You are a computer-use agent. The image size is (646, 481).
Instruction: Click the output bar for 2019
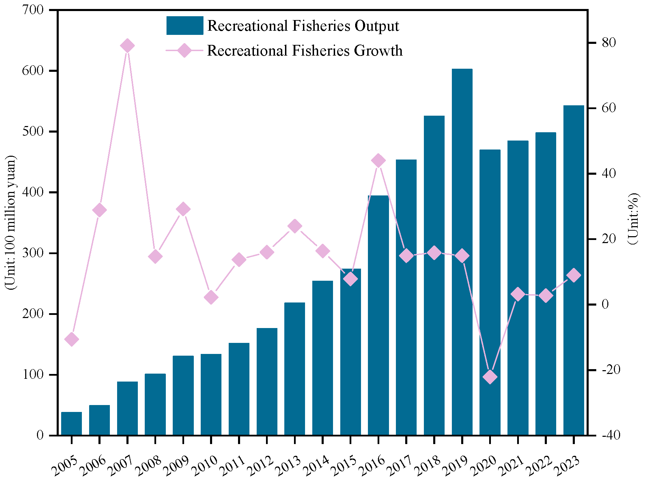462,252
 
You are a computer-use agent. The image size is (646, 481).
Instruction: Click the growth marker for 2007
127,46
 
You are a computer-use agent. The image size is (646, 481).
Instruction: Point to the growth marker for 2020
490,377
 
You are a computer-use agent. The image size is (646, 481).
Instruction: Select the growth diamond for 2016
378,161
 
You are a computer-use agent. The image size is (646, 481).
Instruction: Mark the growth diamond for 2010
211,297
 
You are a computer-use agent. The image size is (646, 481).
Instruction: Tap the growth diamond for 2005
72,339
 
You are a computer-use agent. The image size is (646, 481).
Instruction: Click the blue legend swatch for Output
184,26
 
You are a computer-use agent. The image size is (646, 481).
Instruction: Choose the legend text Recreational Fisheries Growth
305,51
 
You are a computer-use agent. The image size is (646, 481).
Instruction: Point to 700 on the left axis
34,10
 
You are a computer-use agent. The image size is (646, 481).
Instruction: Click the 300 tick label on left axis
34,253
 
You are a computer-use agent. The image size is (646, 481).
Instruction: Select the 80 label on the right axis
609,43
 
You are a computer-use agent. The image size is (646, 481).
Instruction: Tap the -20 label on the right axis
611,370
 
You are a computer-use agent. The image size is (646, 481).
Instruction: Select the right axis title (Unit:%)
633,219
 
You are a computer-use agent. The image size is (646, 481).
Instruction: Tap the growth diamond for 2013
295,226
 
